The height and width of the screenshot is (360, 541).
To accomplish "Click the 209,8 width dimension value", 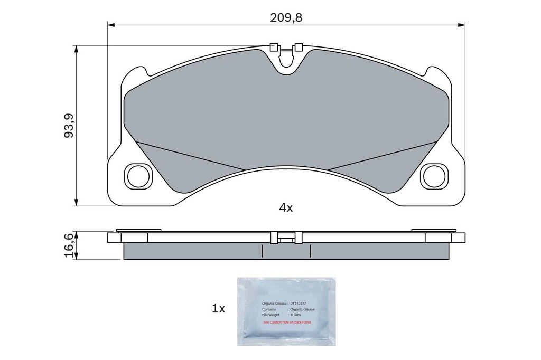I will [x=286, y=17].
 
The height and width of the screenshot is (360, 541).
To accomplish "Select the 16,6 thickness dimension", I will [x=69, y=245].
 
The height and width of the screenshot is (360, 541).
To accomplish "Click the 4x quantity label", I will [x=286, y=208].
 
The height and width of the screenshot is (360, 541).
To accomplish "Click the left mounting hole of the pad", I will [x=138, y=176].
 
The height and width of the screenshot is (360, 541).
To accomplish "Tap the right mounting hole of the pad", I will [x=434, y=176].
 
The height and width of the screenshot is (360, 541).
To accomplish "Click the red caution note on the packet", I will [x=287, y=321].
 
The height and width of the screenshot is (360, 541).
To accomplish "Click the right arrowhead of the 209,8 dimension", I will [x=462, y=24].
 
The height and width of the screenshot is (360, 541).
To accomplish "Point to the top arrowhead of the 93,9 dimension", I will [x=77, y=49].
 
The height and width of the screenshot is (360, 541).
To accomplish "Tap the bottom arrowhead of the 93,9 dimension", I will [x=77, y=203].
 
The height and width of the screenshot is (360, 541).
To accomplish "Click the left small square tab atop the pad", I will [x=273, y=46].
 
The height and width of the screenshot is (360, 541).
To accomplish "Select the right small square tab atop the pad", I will [x=298, y=46].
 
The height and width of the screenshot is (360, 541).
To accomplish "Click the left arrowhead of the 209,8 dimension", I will [x=111, y=24].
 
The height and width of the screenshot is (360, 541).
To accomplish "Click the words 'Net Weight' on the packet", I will [x=271, y=315].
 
